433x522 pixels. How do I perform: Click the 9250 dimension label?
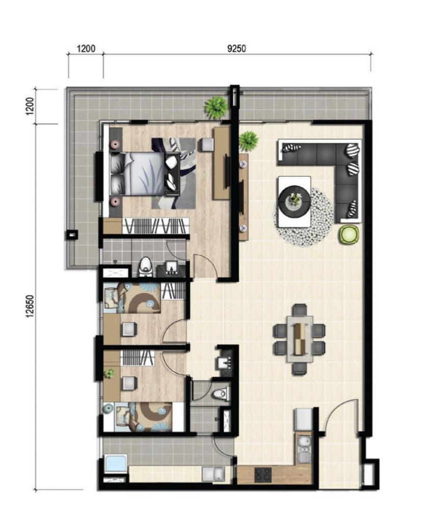[236, 48]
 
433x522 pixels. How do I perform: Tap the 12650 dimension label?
[30, 306]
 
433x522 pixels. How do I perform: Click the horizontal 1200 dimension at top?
[86, 48]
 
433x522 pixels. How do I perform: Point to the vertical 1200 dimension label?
[30, 106]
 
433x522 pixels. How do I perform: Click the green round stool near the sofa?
[349, 234]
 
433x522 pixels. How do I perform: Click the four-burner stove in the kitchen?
[263, 475]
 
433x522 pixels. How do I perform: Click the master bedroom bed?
[145, 174]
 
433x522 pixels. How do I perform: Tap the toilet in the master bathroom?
[145, 267]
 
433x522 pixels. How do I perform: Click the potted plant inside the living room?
[249, 141]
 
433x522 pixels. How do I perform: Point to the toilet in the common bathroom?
[221, 394]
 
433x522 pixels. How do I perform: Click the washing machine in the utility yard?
[116, 464]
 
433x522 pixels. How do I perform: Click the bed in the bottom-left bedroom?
[138, 417]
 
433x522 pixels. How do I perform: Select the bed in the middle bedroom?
[132, 298]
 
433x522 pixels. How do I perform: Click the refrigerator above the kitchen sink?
[303, 420]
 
